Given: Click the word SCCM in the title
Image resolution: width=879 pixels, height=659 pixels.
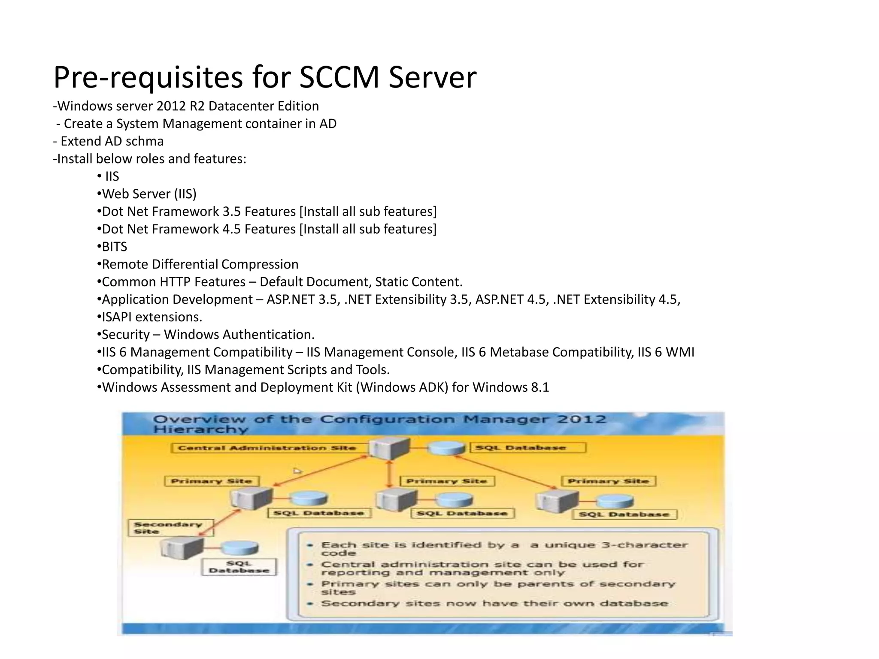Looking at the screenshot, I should [339, 78].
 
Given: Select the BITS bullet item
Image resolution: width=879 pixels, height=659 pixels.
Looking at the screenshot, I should [115, 247].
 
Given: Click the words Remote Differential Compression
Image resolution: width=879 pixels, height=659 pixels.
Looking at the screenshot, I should [200, 264].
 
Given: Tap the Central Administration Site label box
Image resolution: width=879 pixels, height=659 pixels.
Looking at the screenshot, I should [267, 448].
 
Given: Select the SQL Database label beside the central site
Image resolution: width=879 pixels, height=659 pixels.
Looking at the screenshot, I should [528, 448].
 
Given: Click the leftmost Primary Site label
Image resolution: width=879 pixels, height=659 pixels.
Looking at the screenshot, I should [212, 481].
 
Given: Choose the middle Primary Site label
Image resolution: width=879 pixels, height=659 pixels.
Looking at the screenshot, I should [447, 481].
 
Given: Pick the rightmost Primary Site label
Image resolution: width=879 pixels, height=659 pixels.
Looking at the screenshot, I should [608, 481].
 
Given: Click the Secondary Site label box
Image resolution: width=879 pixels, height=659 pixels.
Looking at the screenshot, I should [170, 528].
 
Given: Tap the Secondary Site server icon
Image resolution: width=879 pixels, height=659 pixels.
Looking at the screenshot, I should [182, 548].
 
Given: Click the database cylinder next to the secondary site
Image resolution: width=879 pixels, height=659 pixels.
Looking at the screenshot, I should [239, 548].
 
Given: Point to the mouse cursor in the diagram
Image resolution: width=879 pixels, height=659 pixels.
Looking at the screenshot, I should [297, 471].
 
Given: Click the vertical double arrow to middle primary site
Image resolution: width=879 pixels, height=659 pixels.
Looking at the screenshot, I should [390, 474].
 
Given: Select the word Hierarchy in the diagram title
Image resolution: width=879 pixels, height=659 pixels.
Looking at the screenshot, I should [201, 429].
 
